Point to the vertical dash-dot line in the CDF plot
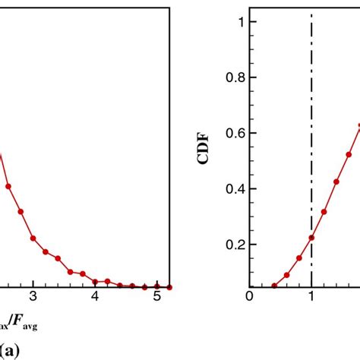point(311,114)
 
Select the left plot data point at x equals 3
point(33,238)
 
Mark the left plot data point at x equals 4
point(95,281)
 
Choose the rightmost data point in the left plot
point(169,287)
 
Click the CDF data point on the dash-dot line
point(311,238)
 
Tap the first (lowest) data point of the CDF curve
point(274,286)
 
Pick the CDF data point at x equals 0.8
point(299,258)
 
